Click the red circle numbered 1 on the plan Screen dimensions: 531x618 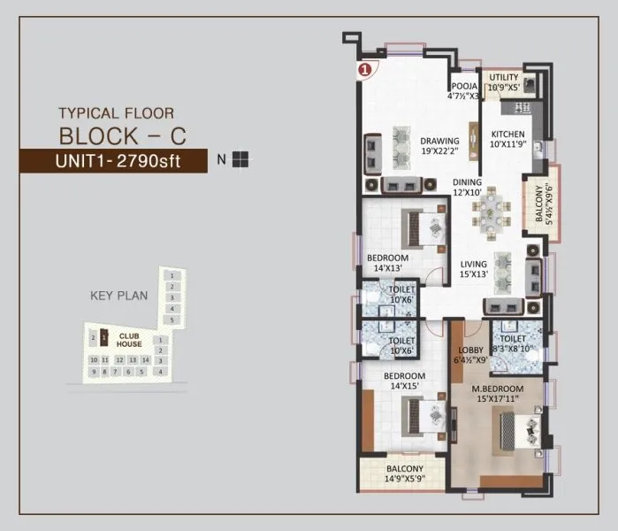(362, 68)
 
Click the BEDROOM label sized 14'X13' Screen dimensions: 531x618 (387, 263)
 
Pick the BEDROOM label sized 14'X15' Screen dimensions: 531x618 (404, 381)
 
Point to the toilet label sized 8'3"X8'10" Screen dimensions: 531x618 (513, 343)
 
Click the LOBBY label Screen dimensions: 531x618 (469, 355)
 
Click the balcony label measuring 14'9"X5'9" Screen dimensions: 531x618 (404, 473)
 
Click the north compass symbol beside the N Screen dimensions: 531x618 (241, 160)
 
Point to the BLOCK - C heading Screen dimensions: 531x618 (122, 135)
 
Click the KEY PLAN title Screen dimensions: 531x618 (118, 296)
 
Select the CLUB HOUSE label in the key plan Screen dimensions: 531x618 (129, 341)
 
